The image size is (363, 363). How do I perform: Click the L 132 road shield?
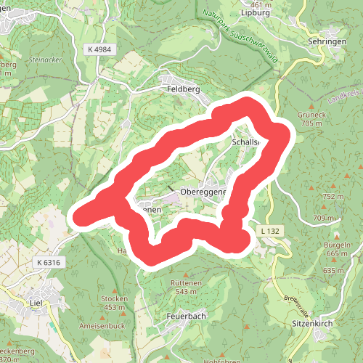(x=268, y=230)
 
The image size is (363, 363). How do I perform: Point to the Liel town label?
(x=33, y=302)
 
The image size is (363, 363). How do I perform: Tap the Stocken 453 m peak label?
(x=114, y=303)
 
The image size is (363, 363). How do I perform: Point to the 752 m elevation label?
(x=333, y=197)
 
